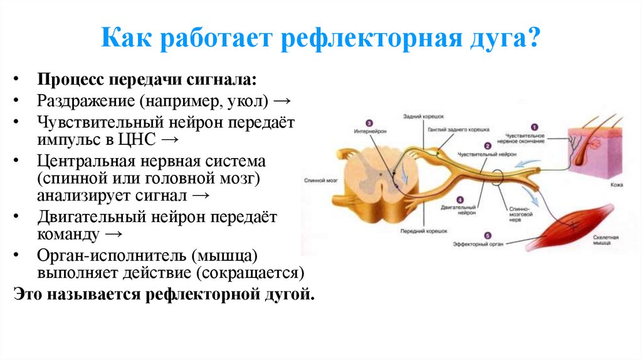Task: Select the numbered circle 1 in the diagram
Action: click(534, 127)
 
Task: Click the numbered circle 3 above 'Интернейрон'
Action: click(369, 124)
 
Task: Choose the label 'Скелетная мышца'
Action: click(606, 241)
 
